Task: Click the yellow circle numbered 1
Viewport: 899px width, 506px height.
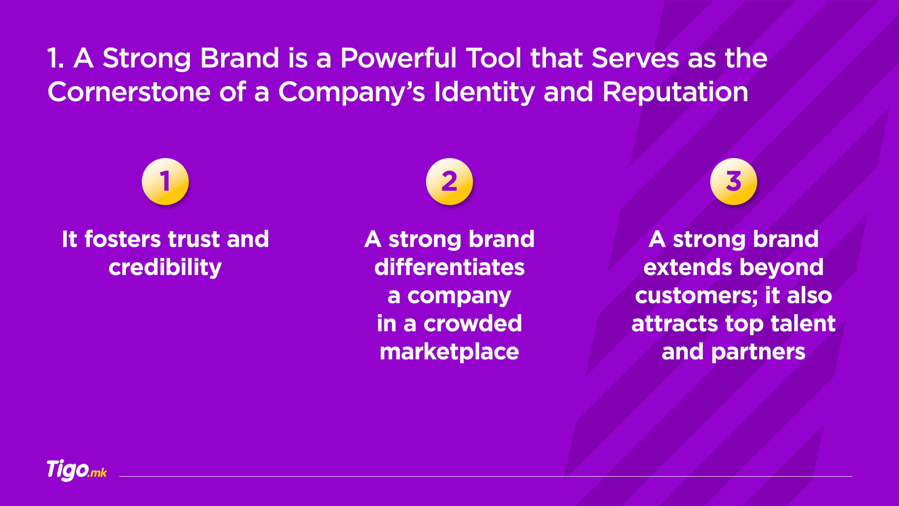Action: pyautogui.click(x=165, y=181)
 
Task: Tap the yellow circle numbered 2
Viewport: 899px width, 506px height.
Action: pyautogui.click(x=449, y=181)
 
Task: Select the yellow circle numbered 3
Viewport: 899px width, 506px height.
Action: pyautogui.click(x=733, y=181)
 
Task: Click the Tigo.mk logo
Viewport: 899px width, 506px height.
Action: pyautogui.click(x=77, y=470)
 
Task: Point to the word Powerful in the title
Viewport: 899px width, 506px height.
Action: pyautogui.click(x=399, y=58)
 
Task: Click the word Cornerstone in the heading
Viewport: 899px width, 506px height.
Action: pyautogui.click(x=129, y=92)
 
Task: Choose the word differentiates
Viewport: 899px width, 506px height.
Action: pyautogui.click(x=449, y=267)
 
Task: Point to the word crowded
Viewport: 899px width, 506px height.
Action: pyautogui.click(x=473, y=324)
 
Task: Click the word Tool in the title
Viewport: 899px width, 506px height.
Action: pyautogui.click(x=493, y=58)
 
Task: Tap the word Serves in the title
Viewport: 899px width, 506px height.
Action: pyautogui.click(x=635, y=58)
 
